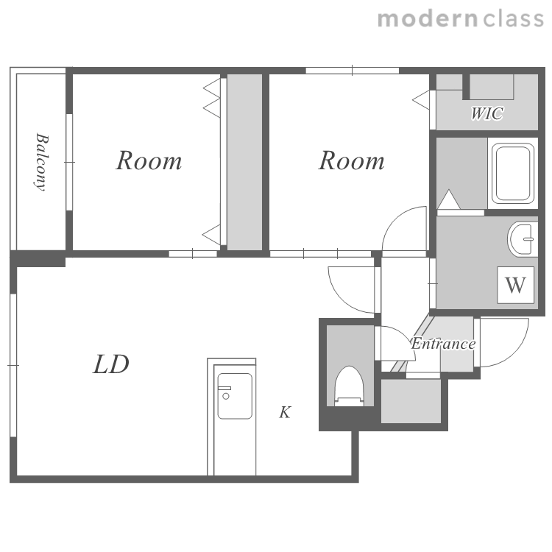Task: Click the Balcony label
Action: click(41, 162)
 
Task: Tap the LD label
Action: click(111, 364)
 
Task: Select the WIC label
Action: click(487, 113)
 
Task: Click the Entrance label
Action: click(443, 344)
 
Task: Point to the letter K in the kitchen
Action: click(285, 412)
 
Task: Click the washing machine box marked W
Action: click(515, 285)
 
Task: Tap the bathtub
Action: click(513, 173)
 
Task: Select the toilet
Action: click(349, 386)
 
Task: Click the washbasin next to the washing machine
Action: click(523, 238)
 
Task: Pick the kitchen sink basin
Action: click(235, 396)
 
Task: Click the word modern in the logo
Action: click(428, 19)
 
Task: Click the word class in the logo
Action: click(514, 19)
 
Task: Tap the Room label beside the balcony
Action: click(149, 160)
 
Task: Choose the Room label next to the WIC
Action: click(351, 160)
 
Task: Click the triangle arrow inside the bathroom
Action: click(448, 199)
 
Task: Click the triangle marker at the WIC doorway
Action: click(421, 100)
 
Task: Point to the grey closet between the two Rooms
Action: click(244, 162)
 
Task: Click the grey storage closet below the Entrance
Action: click(411, 401)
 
